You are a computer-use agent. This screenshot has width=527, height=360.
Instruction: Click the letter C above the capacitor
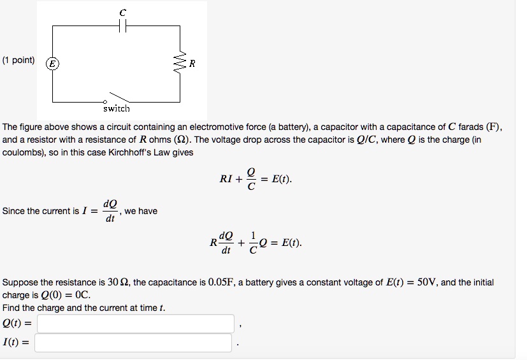pos(123,12)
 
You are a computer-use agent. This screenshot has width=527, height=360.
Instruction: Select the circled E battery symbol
pos(53,63)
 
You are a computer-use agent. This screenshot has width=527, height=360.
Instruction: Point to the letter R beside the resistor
pos(192,64)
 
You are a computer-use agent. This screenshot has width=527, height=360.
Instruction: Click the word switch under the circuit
pos(116,108)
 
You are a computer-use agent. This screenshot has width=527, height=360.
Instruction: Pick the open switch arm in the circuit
pos(118,97)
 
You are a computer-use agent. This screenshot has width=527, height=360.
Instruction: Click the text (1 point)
pos(18,61)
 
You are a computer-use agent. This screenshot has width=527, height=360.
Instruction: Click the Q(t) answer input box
pos(135,324)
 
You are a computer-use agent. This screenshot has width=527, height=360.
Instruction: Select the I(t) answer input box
pos(133,343)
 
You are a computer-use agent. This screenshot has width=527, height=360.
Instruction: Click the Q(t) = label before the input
pos(17,324)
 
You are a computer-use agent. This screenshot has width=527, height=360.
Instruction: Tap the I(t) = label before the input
pos(16,343)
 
